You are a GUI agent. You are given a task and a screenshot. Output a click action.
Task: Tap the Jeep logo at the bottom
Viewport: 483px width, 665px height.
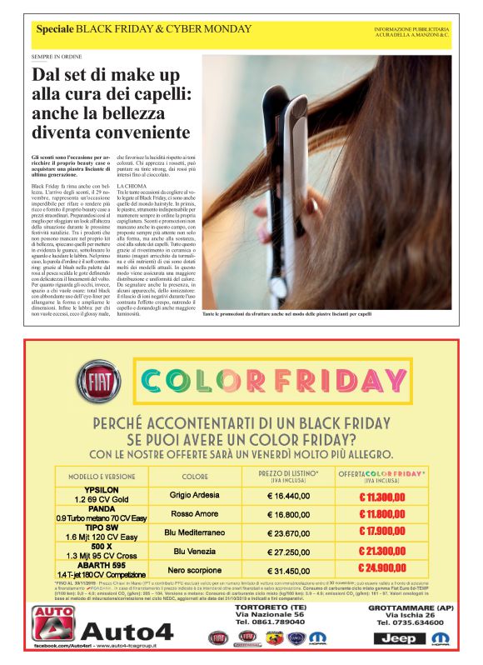pos(401,638)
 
